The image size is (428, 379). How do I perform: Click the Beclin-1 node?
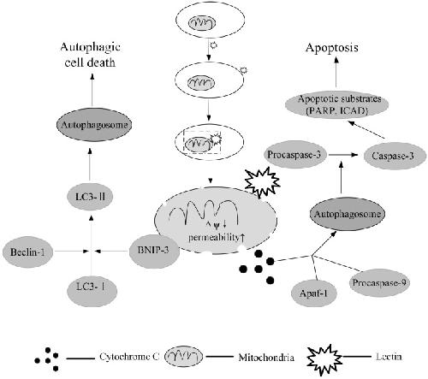click(27, 252)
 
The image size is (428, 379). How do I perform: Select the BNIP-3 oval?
click(154, 251)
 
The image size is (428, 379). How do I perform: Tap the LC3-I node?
click(92, 291)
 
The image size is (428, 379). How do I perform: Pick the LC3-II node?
click(90, 197)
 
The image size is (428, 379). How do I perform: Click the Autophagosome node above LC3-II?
click(94, 125)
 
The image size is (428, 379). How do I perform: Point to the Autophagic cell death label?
click(90, 55)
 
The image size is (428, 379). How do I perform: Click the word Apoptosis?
click(331, 48)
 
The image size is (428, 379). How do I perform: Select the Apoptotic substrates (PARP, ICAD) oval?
click(337, 104)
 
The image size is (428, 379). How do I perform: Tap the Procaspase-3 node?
click(294, 154)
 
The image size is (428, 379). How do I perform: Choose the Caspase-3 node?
click(395, 156)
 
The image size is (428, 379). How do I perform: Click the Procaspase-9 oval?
click(379, 282)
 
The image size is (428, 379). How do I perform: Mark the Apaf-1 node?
click(313, 293)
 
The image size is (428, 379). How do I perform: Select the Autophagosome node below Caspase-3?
click(348, 214)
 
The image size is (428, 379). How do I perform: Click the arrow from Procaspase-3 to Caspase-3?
click(343, 155)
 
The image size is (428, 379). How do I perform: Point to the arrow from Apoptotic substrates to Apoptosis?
click(336, 72)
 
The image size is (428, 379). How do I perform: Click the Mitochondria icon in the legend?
click(184, 357)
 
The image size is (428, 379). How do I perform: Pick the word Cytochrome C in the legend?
click(129, 357)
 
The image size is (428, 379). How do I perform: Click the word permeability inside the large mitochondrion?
click(213, 237)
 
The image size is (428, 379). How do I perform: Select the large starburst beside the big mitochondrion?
click(263, 182)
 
